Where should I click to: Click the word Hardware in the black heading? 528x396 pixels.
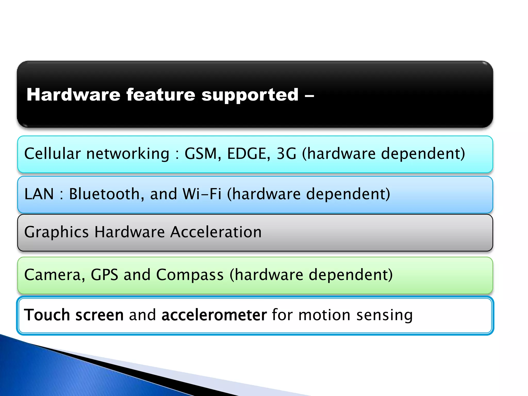pyautogui.click(x=73, y=95)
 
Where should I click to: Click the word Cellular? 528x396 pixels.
pyautogui.click(x=53, y=154)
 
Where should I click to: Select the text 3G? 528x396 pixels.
pyautogui.click(x=286, y=154)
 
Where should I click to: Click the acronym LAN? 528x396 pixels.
pyautogui.click(x=39, y=194)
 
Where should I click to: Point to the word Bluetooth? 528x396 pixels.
pyautogui.click(x=105, y=194)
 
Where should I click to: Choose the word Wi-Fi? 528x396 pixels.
pyautogui.click(x=202, y=194)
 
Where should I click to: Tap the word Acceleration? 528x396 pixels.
pyautogui.click(x=216, y=232)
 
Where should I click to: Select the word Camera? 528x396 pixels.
pyautogui.click(x=53, y=275)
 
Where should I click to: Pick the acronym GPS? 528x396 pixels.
pyautogui.click(x=104, y=275)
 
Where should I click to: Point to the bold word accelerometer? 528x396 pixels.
pyautogui.click(x=214, y=315)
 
